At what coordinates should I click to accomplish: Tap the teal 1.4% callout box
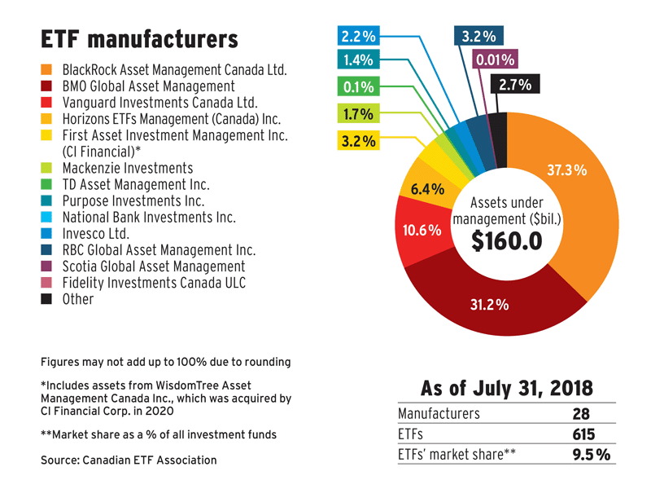pos(358,59)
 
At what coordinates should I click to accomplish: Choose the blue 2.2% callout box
pos(358,35)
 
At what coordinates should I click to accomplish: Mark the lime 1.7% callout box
pos(358,114)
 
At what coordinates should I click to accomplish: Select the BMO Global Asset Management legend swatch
pos(47,86)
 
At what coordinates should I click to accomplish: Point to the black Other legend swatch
pos(47,299)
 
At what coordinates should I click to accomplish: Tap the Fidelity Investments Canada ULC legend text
pos(155,283)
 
